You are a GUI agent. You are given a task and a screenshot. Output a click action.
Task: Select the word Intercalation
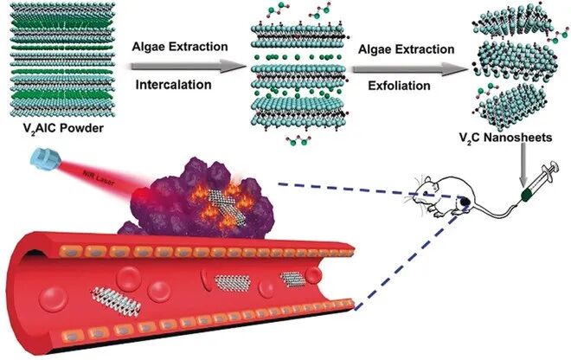click(x=172, y=84)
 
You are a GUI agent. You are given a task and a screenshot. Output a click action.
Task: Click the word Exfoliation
click(x=387, y=85)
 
